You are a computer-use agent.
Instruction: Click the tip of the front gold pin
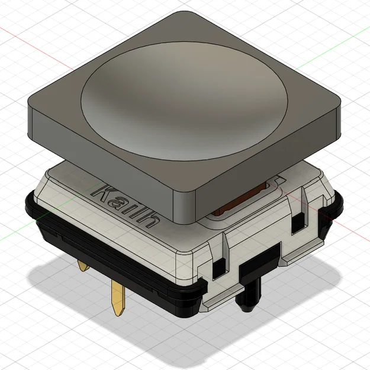(119, 314)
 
